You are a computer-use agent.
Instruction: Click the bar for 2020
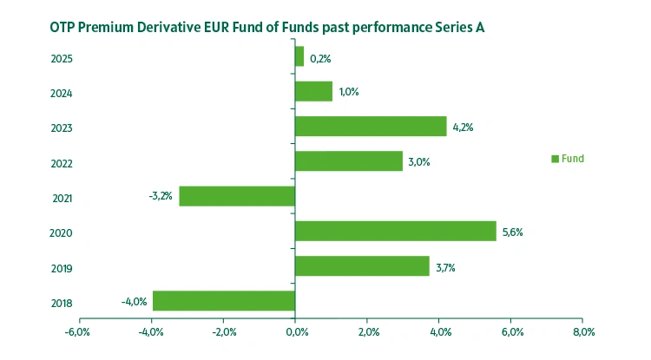(396, 231)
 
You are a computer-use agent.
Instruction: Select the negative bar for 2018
(224, 301)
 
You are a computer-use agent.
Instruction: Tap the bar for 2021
(237, 196)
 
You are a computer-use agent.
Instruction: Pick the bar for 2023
(371, 127)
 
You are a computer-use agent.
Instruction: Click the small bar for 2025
(299, 57)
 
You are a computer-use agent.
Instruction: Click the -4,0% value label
(134, 302)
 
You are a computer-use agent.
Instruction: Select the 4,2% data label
(464, 128)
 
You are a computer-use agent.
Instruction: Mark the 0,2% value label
(320, 59)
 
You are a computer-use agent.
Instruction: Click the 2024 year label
(61, 94)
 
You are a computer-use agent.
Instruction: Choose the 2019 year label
(61, 268)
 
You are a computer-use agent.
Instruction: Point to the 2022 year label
(61, 164)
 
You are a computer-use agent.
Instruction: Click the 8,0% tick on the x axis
(582, 332)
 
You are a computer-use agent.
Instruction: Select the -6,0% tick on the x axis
(77, 332)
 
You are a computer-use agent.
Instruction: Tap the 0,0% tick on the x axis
(295, 332)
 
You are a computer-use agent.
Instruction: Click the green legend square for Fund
(555, 159)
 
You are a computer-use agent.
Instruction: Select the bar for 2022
(349, 161)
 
